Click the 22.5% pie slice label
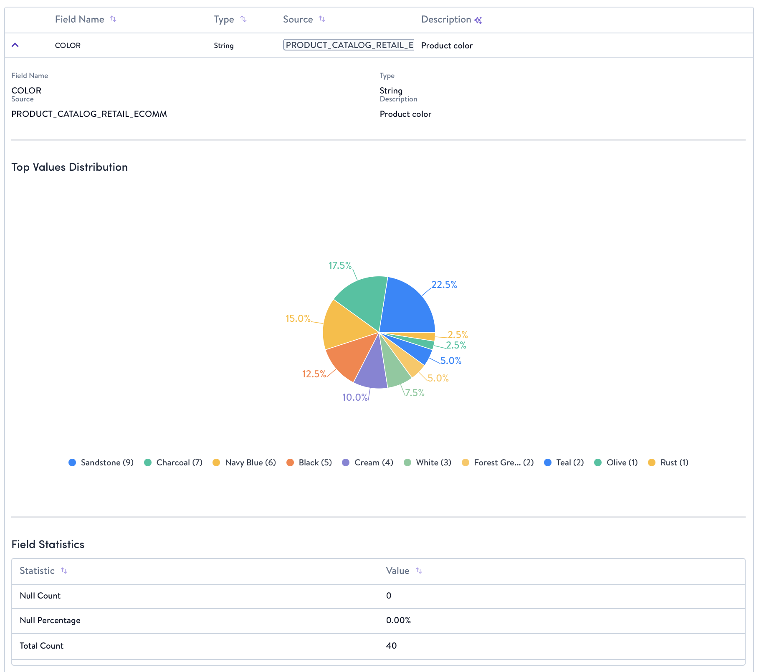pyautogui.click(x=444, y=285)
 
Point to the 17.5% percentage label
pyautogui.click(x=340, y=265)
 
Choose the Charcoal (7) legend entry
pyautogui.click(x=174, y=462)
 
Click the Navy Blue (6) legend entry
pyautogui.click(x=245, y=462)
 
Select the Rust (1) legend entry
pyautogui.click(x=668, y=462)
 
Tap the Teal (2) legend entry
pyautogui.click(x=564, y=462)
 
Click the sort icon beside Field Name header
pyautogui.click(x=113, y=19)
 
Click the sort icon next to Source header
pyautogui.click(x=322, y=19)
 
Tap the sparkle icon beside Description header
pyautogui.click(x=478, y=20)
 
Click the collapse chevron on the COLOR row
pyautogui.click(x=15, y=45)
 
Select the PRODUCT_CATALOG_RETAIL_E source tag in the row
pyautogui.click(x=349, y=45)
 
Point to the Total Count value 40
pyautogui.click(x=391, y=646)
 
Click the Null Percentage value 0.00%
pyautogui.click(x=398, y=620)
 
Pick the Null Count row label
pyautogui.click(x=40, y=596)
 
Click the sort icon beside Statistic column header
pyautogui.click(x=64, y=571)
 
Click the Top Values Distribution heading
pyautogui.click(x=70, y=167)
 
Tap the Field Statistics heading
pyautogui.click(x=48, y=544)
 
